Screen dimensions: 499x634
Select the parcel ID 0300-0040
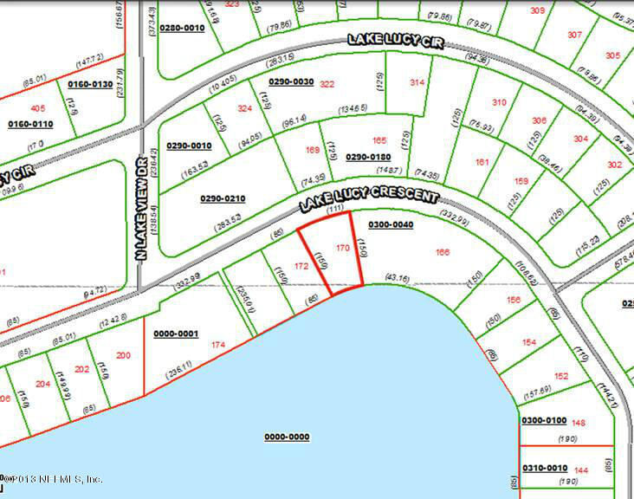pos(391,224)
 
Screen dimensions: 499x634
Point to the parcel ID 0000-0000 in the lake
pos(287,437)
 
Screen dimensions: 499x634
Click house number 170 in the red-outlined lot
pos(342,249)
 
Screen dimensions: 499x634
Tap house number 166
pos(443,252)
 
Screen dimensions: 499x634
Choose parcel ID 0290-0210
pos(223,198)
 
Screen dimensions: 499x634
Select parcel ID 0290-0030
pos(290,81)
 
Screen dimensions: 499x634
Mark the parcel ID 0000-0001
pos(177,334)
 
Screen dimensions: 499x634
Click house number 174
pos(218,345)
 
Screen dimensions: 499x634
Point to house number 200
pos(123,355)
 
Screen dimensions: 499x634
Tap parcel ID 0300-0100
pos(544,420)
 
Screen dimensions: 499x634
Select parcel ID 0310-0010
pos(544,468)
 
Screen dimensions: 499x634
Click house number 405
pos(37,108)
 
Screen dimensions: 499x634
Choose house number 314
pos(417,83)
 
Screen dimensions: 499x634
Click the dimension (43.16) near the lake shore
pos(397,277)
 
